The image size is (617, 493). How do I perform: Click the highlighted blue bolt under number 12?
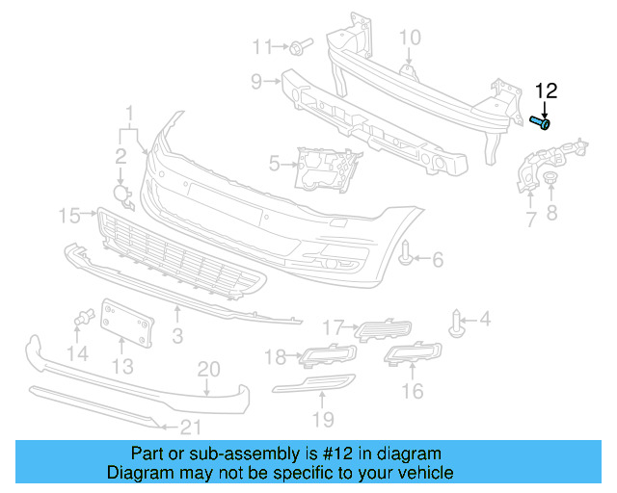coord(542,122)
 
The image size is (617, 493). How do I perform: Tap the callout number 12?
coord(546,91)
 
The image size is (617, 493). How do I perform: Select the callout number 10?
coord(410,38)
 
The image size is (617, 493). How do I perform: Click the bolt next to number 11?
coord(300,45)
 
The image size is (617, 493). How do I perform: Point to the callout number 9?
coord(257,82)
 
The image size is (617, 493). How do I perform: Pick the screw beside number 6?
coord(408,256)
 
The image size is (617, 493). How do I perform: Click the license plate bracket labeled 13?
coord(128,321)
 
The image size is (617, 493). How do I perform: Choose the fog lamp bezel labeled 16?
coord(413,356)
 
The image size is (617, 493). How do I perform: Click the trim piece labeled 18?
coord(314,356)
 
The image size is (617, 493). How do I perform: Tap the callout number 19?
coord(322,419)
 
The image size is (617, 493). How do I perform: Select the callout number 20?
coord(209,369)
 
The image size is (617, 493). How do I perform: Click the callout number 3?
coord(177,336)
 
